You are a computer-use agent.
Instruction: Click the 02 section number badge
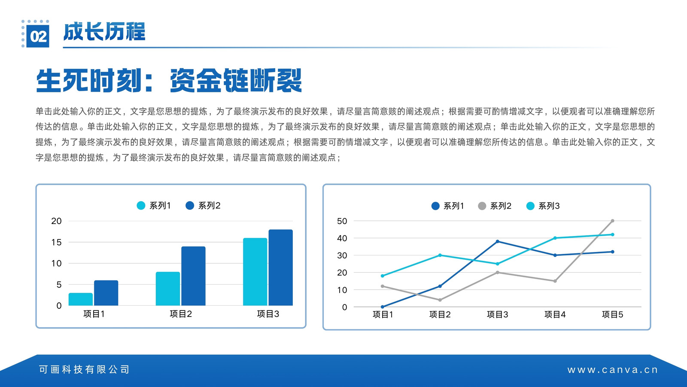[37, 36]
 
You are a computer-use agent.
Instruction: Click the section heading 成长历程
[104, 32]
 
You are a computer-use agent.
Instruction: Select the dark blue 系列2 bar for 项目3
[281, 267]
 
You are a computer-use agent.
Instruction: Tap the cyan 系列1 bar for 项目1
[81, 299]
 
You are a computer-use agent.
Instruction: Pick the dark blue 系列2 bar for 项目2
[193, 276]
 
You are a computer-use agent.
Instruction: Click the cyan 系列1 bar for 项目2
[168, 289]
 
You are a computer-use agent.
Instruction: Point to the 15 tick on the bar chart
[56, 243]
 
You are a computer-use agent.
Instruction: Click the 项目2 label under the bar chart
[181, 314]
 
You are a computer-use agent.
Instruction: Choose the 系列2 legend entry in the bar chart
[203, 206]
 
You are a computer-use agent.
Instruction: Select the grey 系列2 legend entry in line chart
[495, 206]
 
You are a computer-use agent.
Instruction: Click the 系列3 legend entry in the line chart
[543, 206]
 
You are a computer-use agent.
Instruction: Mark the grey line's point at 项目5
[612, 221]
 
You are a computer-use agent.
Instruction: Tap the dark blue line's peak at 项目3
[498, 241]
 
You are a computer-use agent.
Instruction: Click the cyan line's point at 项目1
[383, 276]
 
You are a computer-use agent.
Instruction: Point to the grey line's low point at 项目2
[440, 300]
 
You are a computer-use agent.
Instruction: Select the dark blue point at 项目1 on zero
[383, 307]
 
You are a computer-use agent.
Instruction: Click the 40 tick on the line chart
[342, 238]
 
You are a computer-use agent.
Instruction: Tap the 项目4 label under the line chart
[555, 314]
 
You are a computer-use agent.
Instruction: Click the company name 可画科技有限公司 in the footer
[84, 369]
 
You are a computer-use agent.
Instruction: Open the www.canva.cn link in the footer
[612, 370]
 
